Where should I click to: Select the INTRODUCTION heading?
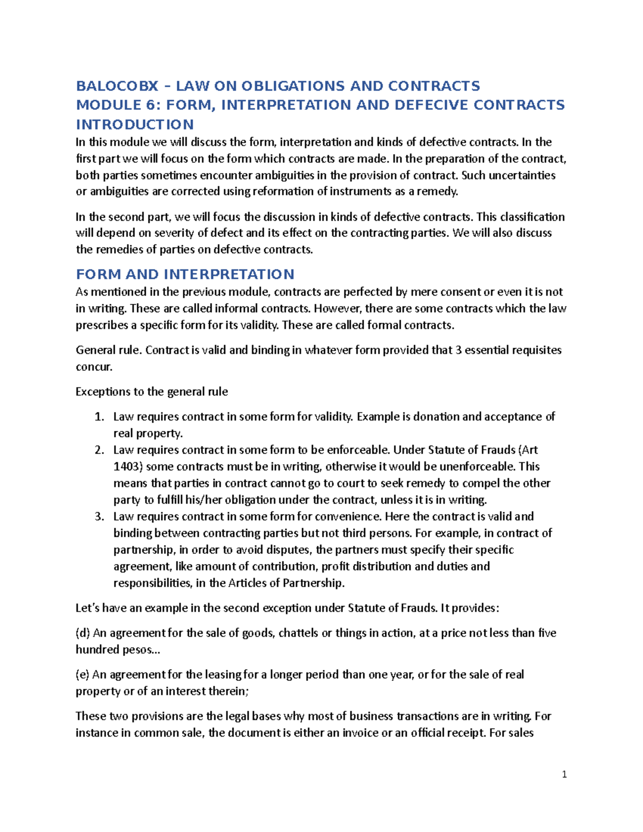click(134, 124)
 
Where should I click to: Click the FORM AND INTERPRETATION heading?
click(185, 274)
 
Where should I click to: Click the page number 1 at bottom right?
click(564, 774)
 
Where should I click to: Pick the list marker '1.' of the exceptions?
click(99, 417)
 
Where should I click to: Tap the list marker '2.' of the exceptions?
click(99, 450)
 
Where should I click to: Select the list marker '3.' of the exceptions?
click(99, 516)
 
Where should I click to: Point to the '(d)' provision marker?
click(83, 633)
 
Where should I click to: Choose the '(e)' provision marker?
click(83, 674)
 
